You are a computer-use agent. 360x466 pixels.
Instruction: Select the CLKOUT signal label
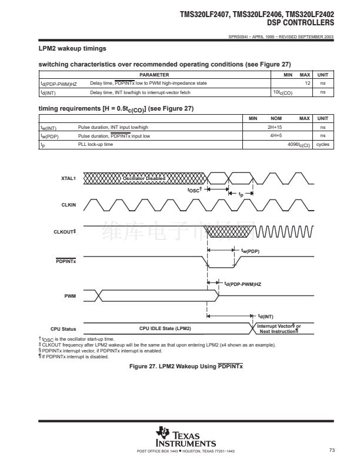point(66,232)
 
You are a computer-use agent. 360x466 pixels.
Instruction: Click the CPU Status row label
point(64,328)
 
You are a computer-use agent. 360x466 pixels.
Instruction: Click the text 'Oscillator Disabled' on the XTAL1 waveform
point(144,178)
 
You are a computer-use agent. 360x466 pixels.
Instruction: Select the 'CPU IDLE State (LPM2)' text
point(165,328)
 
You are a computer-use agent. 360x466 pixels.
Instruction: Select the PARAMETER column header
point(154,75)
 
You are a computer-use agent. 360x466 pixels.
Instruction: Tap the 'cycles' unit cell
point(322,144)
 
